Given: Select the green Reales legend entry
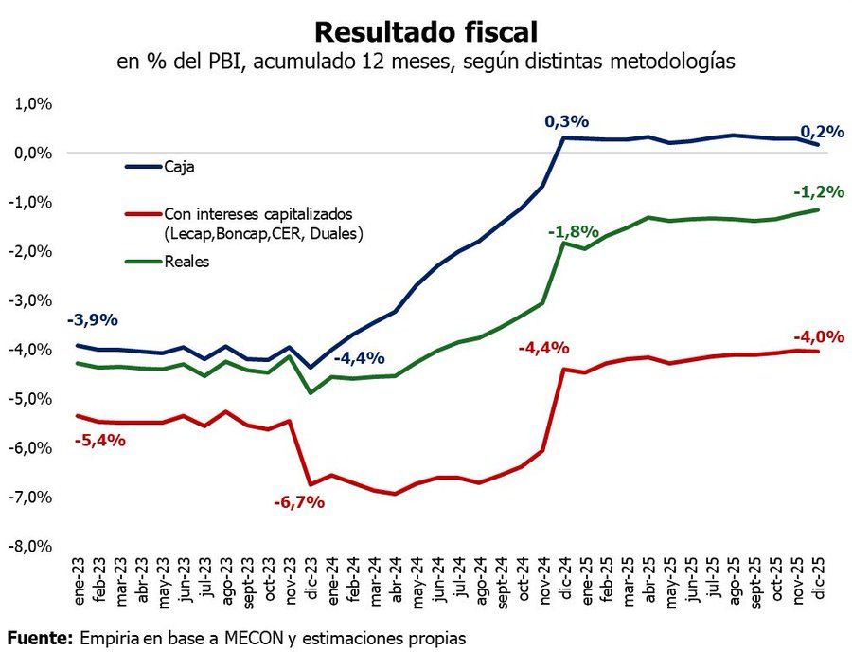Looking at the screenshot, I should coord(186,262).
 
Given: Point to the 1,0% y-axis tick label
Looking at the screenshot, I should coord(33,103).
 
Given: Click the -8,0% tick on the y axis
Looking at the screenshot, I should coord(31,547).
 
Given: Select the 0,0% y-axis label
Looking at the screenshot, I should coord(33,153).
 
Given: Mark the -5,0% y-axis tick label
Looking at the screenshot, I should coord(31,399).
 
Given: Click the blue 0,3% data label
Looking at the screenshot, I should coord(567,121).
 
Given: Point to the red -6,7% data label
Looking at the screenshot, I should coord(299,502).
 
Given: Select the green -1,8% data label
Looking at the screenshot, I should coord(573,231).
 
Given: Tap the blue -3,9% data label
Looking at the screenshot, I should coord(93,320).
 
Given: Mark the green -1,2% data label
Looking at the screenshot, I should coord(818,191).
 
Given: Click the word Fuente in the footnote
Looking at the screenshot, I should coord(40,637).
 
